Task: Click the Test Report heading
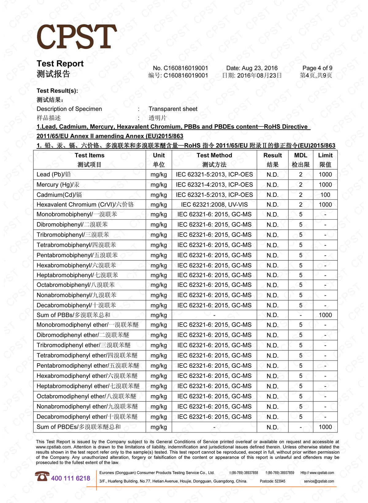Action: [x=60, y=63]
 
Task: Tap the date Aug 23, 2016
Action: [x=252, y=68]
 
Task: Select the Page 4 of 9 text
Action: [x=317, y=68]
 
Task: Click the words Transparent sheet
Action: [x=173, y=109]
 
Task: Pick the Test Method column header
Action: [x=214, y=156]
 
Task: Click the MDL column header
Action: [x=301, y=156]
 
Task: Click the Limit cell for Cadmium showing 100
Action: [x=325, y=195]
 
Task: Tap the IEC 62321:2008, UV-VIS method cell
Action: [x=214, y=205]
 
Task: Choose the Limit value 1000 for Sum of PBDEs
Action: [x=325, y=427]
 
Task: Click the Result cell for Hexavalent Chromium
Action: [x=272, y=205]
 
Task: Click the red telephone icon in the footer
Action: [x=42, y=476]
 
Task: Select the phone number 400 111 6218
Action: [x=71, y=478]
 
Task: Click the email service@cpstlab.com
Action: [x=319, y=481]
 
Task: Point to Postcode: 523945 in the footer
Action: [x=272, y=481]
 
